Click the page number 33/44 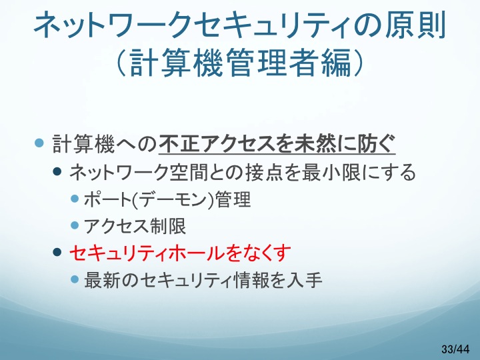pyautogui.click(x=455, y=349)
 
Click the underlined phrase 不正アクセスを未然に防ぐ pyautogui.click(x=277, y=143)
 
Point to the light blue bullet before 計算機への pyautogui.click(x=39, y=143)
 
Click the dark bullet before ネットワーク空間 pyautogui.click(x=57, y=171)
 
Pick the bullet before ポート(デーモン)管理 pyautogui.click(x=75, y=199)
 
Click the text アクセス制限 pyautogui.click(x=135, y=226)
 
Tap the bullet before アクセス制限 pyautogui.click(x=75, y=225)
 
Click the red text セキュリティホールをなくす pyautogui.click(x=180, y=253)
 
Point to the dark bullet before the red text pyautogui.click(x=57, y=252)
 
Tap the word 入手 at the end pyautogui.click(x=304, y=280)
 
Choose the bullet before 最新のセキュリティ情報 pyautogui.click(x=75, y=279)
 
